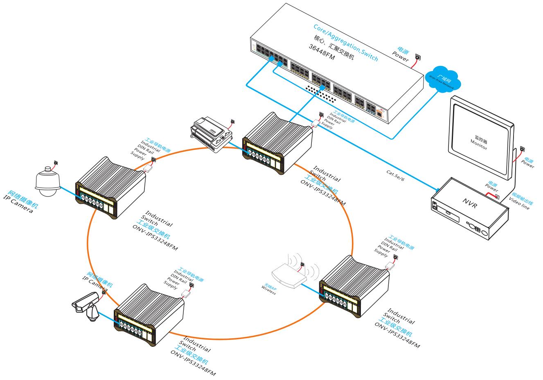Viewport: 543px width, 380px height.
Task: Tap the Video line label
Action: (x=519, y=203)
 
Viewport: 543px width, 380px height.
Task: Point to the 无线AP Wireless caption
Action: (x=269, y=287)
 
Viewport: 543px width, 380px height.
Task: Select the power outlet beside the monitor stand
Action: (x=522, y=149)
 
